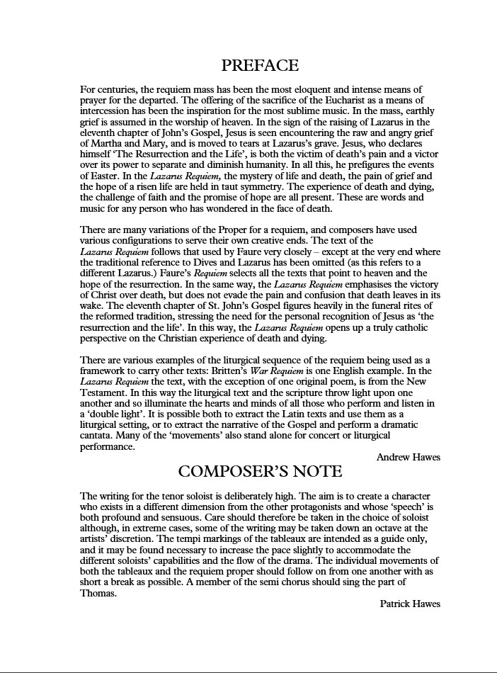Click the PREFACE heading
point(260,66)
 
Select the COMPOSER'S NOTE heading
point(260,471)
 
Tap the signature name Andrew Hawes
point(408,458)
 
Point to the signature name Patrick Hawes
point(409,604)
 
